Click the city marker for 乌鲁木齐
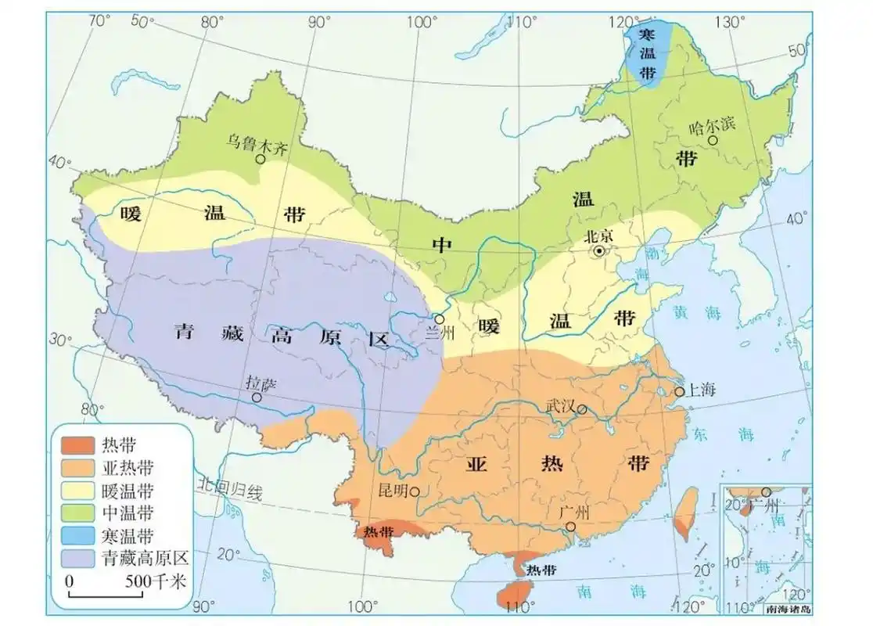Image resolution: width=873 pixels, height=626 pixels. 260,158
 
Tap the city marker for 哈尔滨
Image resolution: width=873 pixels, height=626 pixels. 713,140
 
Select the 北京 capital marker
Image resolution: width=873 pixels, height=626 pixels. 599,251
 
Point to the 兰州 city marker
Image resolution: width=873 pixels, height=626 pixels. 440,319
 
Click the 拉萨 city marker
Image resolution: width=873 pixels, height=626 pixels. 257,398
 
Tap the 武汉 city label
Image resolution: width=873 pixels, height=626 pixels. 560,406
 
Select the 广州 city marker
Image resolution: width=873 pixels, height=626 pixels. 572,527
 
